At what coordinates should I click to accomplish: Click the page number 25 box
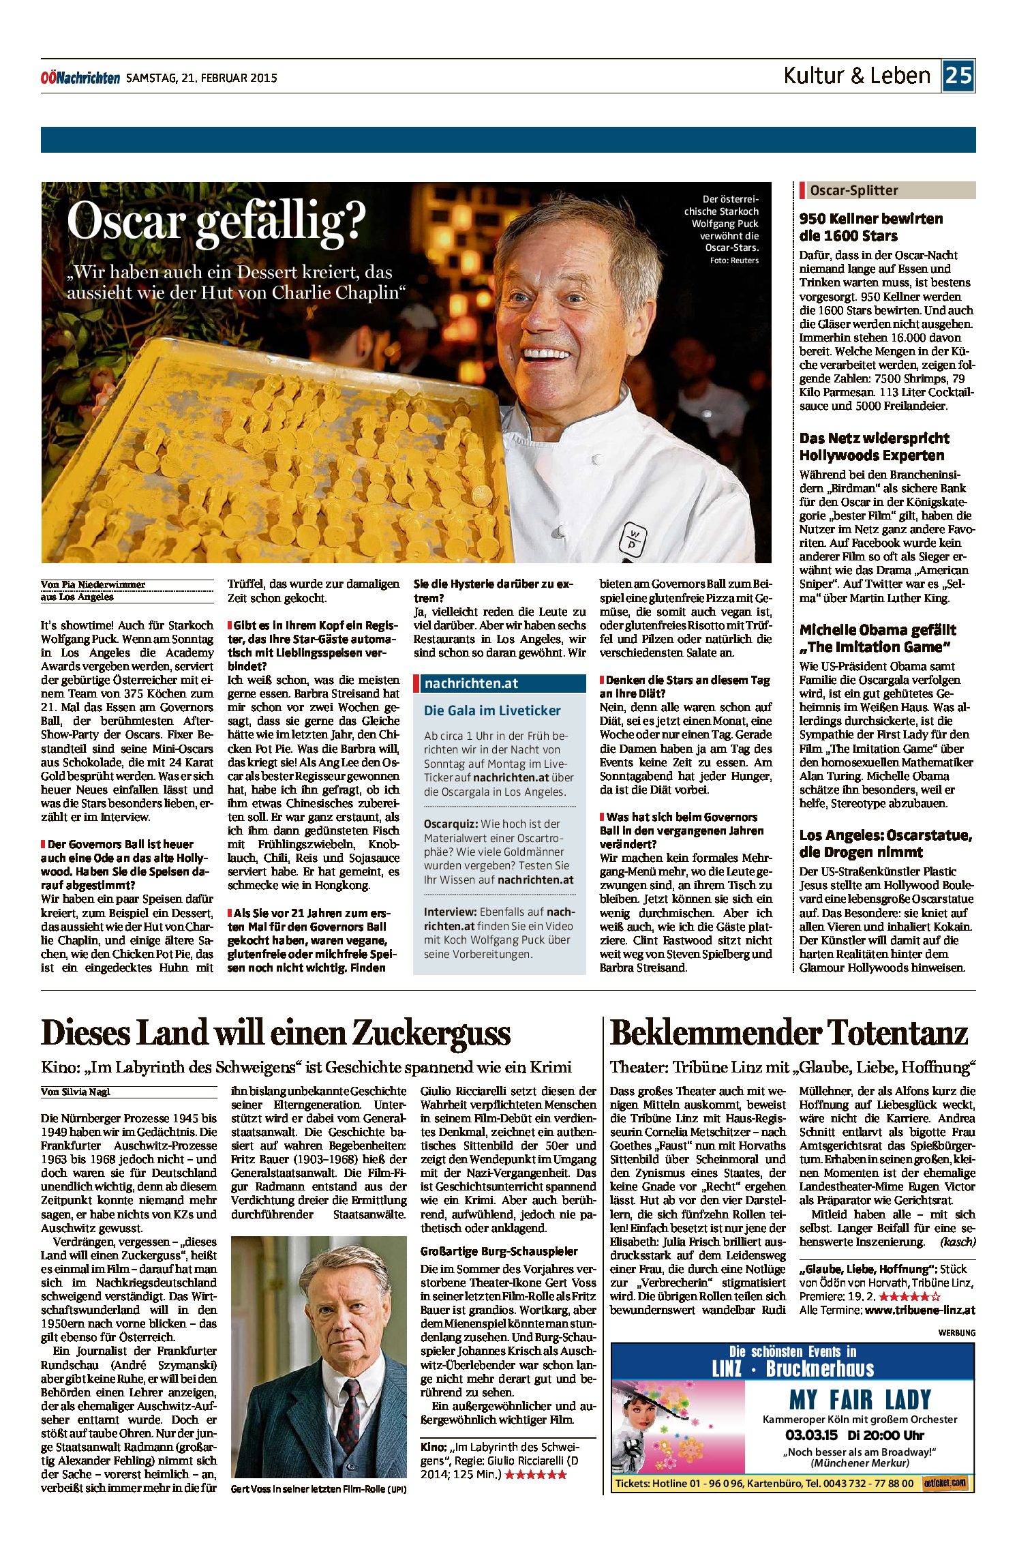pyautogui.click(x=958, y=75)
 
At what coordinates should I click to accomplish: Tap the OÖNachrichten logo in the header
pyautogui.click(x=80, y=78)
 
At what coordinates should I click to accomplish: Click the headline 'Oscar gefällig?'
pyautogui.click(x=216, y=222)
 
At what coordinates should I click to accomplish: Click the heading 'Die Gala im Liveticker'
pyautogui.click(x=491, y=710)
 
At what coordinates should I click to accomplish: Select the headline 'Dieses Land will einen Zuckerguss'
pyautogui.click(x=275, y=1033)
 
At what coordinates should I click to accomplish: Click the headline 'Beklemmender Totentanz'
pyautogui.click(x=789, y=1033)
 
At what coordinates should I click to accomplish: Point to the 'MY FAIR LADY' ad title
pyautogui.click(x=860, y=1400)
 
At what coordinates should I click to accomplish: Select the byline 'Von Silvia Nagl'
pyautogui.click(x=75, y=1092)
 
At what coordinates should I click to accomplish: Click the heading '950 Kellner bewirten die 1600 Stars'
pyautogui.click(x=870, y=227)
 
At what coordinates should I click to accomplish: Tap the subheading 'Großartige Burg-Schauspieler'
pyautogui.click(x=498, y=1251)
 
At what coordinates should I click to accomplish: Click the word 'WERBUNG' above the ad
pyautogui.click(x=956, y=1332)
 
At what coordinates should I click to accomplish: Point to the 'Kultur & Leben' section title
pyautogui.click(x=857, y=75)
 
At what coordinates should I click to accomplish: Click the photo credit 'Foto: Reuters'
pyautogui.click(x=733, y=260)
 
